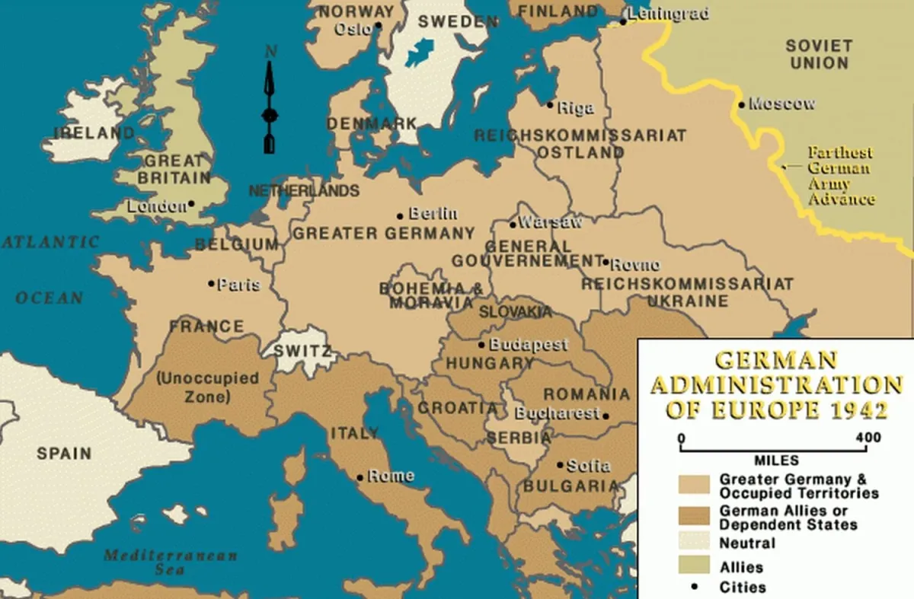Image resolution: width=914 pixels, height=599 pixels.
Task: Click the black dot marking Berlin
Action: tap(400, 215)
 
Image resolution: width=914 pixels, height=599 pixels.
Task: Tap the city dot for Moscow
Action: tap(741, 105)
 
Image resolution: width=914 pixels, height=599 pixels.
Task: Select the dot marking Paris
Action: tap(211, 283)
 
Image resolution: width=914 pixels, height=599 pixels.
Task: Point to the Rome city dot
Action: tap(360, 478)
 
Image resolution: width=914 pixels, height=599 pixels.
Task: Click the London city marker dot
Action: tap(190, 204)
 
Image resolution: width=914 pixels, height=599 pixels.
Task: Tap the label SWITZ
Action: tap(302, 352)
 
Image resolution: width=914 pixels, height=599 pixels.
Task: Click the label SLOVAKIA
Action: tap(515, 312)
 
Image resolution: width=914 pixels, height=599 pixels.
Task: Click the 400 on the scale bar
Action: tap(868, 438)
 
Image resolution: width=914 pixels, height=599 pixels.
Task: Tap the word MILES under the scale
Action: tap(776, 460)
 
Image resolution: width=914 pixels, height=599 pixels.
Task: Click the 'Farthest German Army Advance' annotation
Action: tap(840, 176)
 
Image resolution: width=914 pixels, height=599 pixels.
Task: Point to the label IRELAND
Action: tap(94, 133)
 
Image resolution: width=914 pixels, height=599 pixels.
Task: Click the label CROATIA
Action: tap(458, 408)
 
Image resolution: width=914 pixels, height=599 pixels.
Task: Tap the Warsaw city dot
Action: tap(513, 225)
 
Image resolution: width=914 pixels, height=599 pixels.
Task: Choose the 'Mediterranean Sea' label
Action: tap(171, 562)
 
